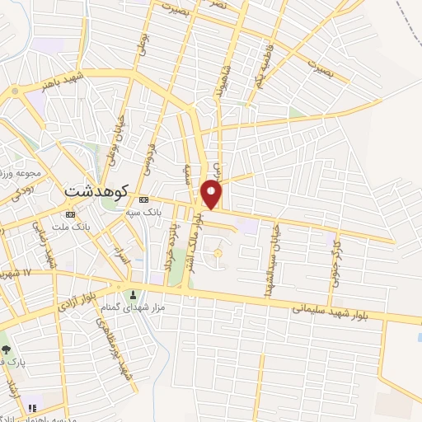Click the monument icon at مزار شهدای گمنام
tap(131, 295)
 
